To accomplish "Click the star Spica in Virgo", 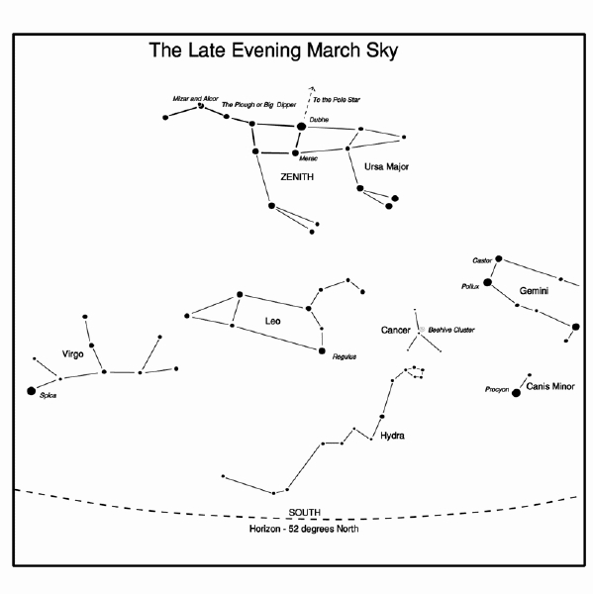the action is pyautogui.click(x=32, y=391).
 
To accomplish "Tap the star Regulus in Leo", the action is pyautogui.click(x=322, y=350).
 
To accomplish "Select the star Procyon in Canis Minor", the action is pyautogui.click(x=516, y=393).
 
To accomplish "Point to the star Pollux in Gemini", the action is pyautogui.click(x=488, y=282).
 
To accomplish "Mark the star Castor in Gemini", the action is pyautogui.click(x=499, y=258).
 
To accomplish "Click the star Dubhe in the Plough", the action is pyautogui.click(x=301, y=126).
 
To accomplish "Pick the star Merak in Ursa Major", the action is pyautogui.click(x=295, y=152).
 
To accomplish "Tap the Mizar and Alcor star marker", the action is pyautogui.click(x=201, y=106).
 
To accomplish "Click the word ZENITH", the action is pyautogui.click(x=297, y=177).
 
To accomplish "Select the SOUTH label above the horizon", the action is pyautogui.click(x=304, y=512).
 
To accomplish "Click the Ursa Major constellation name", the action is pyautogui.click(x=386, y=166).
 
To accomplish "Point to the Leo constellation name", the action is pyautogui.click(x=272, y=321).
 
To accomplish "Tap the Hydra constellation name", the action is pyautogui.click(x=392, y=436).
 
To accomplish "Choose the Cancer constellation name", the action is pyautogui.click(x=396, y=331).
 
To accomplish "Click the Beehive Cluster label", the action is pyautogui.click(x=450, y=330).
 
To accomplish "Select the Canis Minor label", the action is pyautogui.click(x=550, y=386).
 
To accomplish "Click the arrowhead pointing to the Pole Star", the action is pyautogui.click(x=312, y=88).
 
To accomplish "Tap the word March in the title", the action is pyautogui.click(x=334, y=50).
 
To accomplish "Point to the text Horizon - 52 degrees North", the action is pyautogui.click(x=304, y=529).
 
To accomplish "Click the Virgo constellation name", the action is pyautogui.click(x=72, y=354).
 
